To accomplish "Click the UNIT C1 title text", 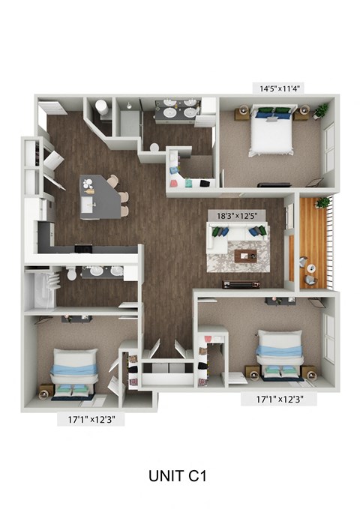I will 178,475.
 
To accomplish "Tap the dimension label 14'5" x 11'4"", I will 277,88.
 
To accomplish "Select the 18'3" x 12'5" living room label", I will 238,216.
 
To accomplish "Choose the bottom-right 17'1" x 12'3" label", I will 279,400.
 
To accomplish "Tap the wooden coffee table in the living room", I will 245,256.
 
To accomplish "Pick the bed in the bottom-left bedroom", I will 75,374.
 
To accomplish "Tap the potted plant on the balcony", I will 323,202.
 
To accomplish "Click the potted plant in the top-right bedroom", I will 322,111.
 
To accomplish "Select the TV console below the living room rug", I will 241,284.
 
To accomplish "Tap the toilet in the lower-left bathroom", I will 71,274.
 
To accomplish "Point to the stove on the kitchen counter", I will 80,248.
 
